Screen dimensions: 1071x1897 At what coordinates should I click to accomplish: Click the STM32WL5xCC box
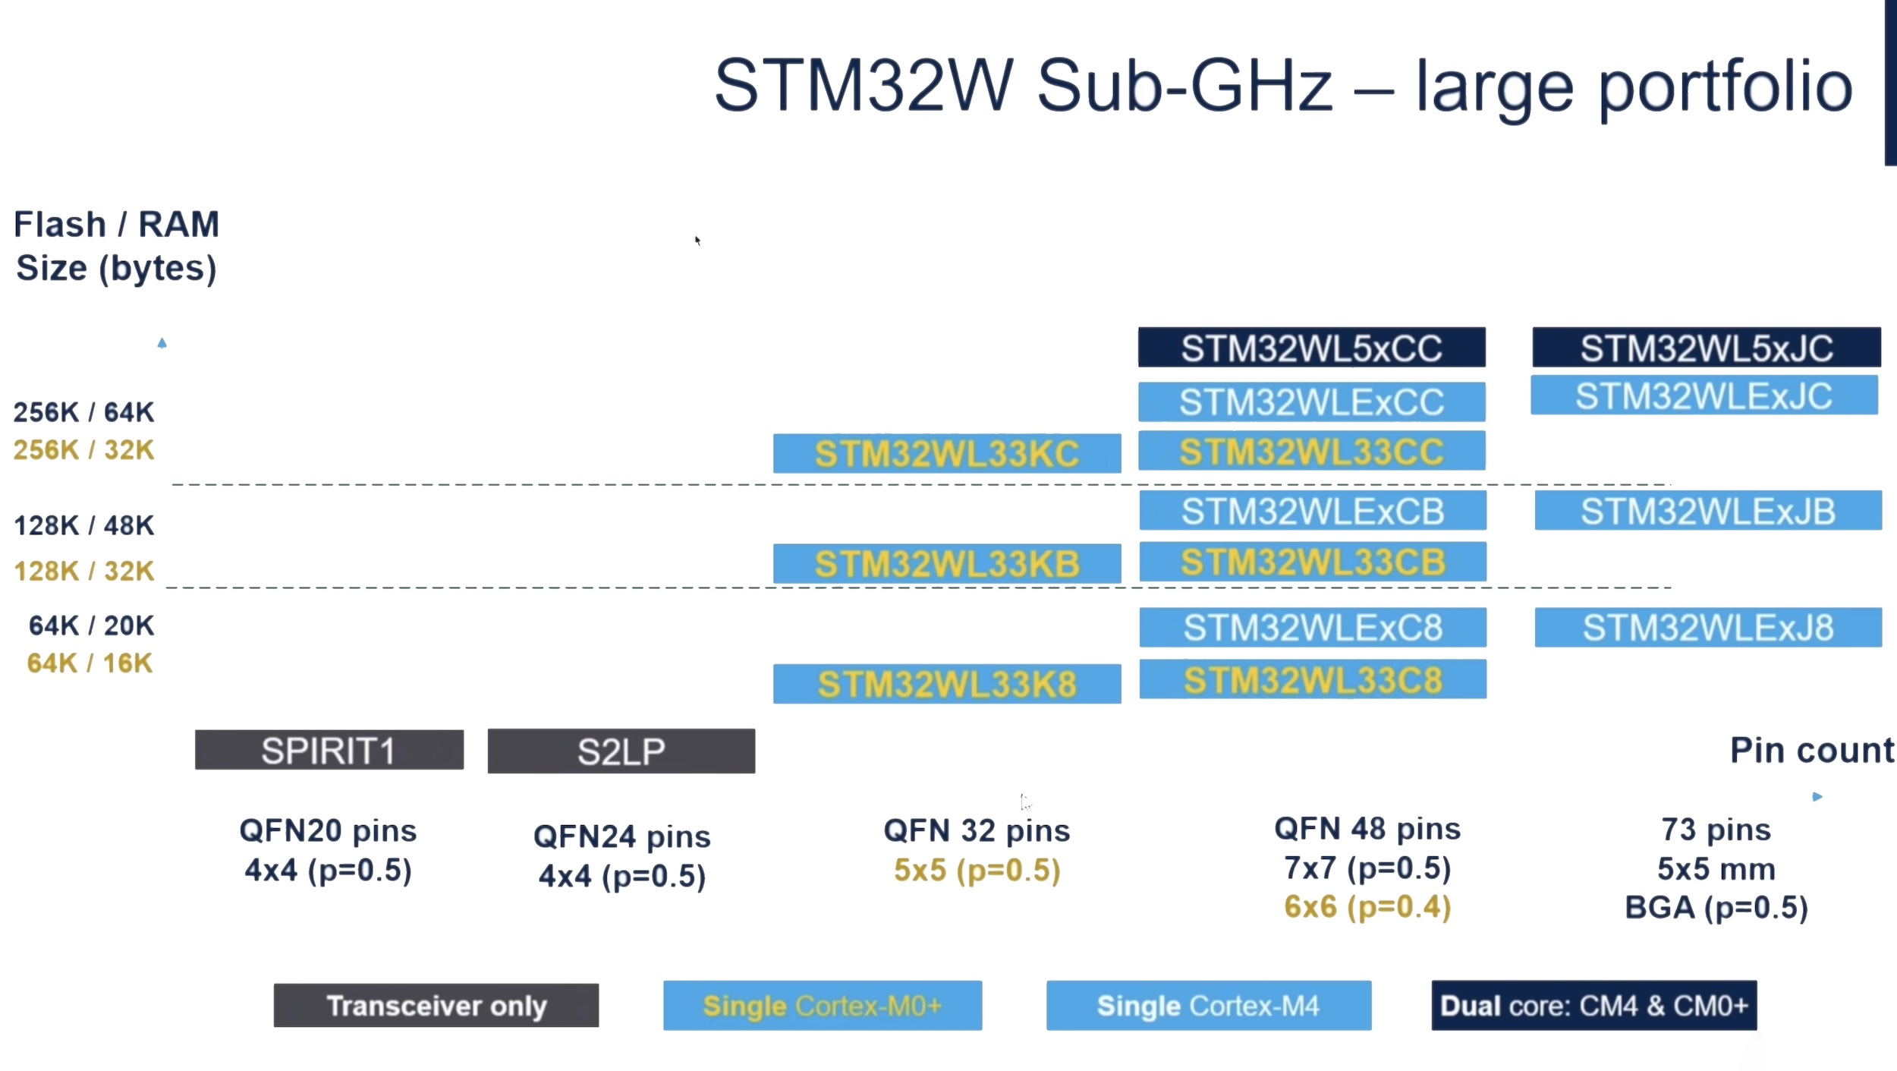point(1311,348)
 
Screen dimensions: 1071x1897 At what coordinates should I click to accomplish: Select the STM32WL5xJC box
point(1706,348)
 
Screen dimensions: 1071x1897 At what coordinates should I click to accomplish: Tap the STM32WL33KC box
point(947,453)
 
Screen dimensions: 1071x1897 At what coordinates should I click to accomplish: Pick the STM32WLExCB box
point(1313,511)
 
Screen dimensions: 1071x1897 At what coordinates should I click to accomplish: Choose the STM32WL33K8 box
point(947,684)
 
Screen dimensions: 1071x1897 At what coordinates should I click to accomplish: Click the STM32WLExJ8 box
point(1708,628)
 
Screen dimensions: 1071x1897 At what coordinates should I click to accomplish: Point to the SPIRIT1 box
point(329,751)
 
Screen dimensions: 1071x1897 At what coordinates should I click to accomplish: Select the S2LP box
point(621,751)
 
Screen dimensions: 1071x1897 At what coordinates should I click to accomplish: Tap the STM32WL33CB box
point(1313,562)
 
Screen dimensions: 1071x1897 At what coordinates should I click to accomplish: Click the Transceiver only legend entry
point(436,1006)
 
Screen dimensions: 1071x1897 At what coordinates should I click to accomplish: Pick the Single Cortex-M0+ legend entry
point(823,1006)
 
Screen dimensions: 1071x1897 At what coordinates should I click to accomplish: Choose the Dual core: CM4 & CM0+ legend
point(1593,1006)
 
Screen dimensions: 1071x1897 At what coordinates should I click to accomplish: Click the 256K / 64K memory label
point(83,412)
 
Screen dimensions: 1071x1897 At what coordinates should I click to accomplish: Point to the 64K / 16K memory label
point(90,663)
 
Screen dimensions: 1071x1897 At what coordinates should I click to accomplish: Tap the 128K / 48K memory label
point(83,525)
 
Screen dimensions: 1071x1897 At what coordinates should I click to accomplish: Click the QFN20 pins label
point(328,831)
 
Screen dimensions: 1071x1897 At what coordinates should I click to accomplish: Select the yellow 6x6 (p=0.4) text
point(1367,907)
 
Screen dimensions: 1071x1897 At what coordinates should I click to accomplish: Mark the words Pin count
point(1812,751)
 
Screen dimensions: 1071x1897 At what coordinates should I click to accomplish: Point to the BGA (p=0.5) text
point(1716,908)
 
